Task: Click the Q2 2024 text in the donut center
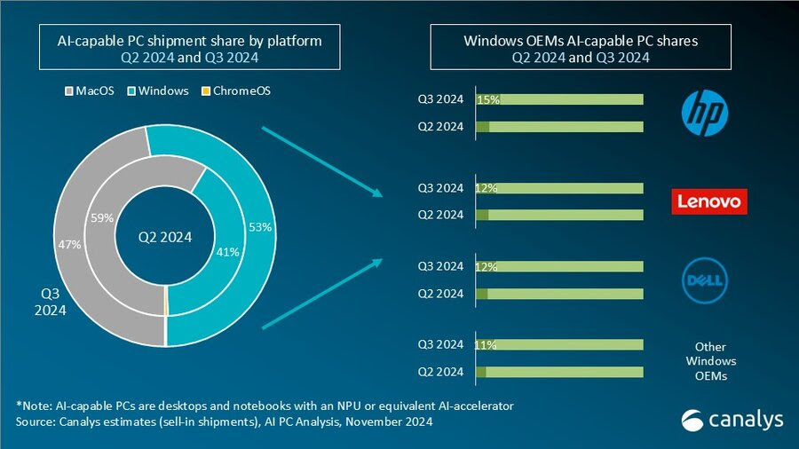pyautogui.click(x=165, y=237)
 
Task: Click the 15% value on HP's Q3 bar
pyautogui.click(x=488, y=100)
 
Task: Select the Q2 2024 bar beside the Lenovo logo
pyautogui.click(x=559, y=215)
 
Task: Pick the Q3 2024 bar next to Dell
pyautogui.click(x=559, y=266)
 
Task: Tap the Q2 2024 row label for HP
pyautogui.click(x=441, y=127)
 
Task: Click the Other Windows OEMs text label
pyautogui.click(x=710, y=361)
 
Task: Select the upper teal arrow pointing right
pyautogui.click(x=322, y=158)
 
